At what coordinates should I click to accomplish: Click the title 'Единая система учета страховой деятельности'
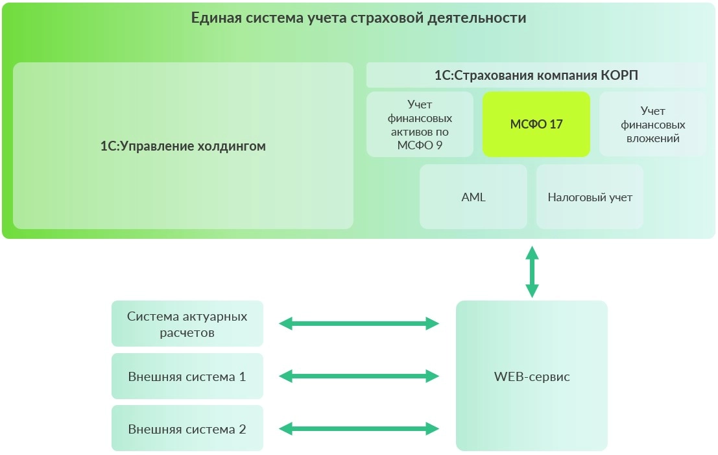[358, 18]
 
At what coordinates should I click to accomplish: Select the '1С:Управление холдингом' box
[183, 145]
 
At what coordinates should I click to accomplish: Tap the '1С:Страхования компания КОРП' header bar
[536, 75]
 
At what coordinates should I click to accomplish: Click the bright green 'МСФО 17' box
[536, 124]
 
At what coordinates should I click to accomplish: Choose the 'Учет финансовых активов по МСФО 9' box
[420, 124]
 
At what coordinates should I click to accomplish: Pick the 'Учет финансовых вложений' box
[652, 124]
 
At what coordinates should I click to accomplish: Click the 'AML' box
[473, 197]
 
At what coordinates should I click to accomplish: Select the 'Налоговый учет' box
[590, 197]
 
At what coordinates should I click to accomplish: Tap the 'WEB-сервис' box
[531, 376]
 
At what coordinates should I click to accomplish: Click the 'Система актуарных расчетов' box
[187, 323]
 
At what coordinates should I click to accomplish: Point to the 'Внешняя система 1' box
[187, 376]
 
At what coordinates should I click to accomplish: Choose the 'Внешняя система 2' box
[187, 428]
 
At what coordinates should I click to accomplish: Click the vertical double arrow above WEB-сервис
[532, 271]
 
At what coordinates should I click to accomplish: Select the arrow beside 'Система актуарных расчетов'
[359, 323]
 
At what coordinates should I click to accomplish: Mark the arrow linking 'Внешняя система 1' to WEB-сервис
[359, 376]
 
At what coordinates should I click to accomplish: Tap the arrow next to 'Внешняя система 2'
[359, 428]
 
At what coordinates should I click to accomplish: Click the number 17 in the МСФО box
[556, 124]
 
